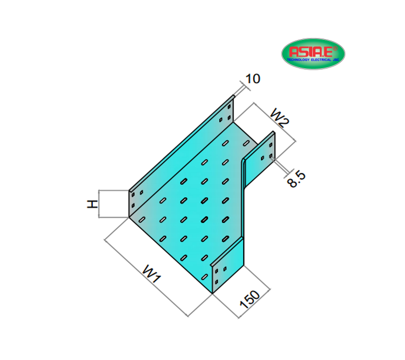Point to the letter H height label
coord(92,204)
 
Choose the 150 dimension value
coord(250,300)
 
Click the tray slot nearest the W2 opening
coord(247,143)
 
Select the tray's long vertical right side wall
coord(243,198)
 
